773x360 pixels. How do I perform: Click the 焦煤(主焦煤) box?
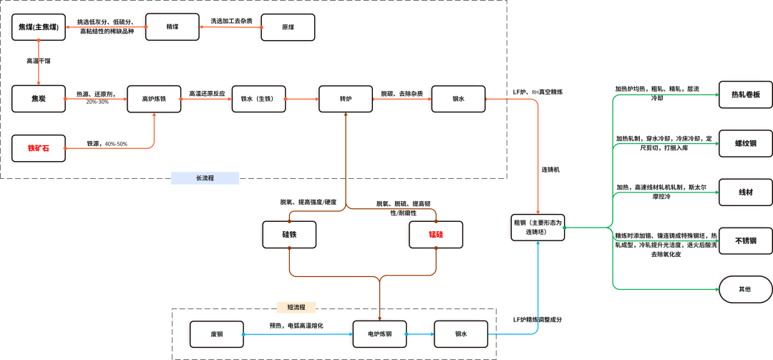pyautogui.click(x=39, y=27)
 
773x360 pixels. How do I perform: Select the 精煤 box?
pyautogui.click(x=172, y=27)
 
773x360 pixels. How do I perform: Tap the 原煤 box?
pyautogui.click(x=288, y=27)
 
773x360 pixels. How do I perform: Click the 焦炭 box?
pyautogui.click(x=39, y=99)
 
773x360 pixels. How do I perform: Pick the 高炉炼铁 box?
pyautogui.click(x=153, y=99)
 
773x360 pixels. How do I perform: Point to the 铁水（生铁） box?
pyautogui.click(x=258, y=99)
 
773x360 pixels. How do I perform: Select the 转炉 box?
pyautogui.click(x=346, y=99)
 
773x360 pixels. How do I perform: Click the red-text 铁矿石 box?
pyautogui.click(x=39, y=148)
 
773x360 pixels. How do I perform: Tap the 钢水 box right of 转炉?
pyautogui.click(x=458, y=99)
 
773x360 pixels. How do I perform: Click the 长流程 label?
pyautogui.click(x=205, y=178)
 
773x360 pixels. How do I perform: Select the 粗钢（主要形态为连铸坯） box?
pyautogui.click(x=538, y=227)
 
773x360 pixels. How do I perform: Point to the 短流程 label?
pyautogui.click(x=296, y=307)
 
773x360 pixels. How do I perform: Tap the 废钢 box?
pyautogui.click(x=217, y=334)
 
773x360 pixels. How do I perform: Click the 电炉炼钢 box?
pyautogui.click(x=379, y=334)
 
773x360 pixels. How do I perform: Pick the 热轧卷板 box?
pyautogui.click(x=746, y=94)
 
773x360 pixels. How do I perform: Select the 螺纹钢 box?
pyautogui.click(x=746, y=143)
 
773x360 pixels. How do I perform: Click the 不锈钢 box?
pyautogui.click(x=746, y=240)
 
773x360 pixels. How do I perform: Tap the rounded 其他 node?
pyautogui.click(x=746, y=289)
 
